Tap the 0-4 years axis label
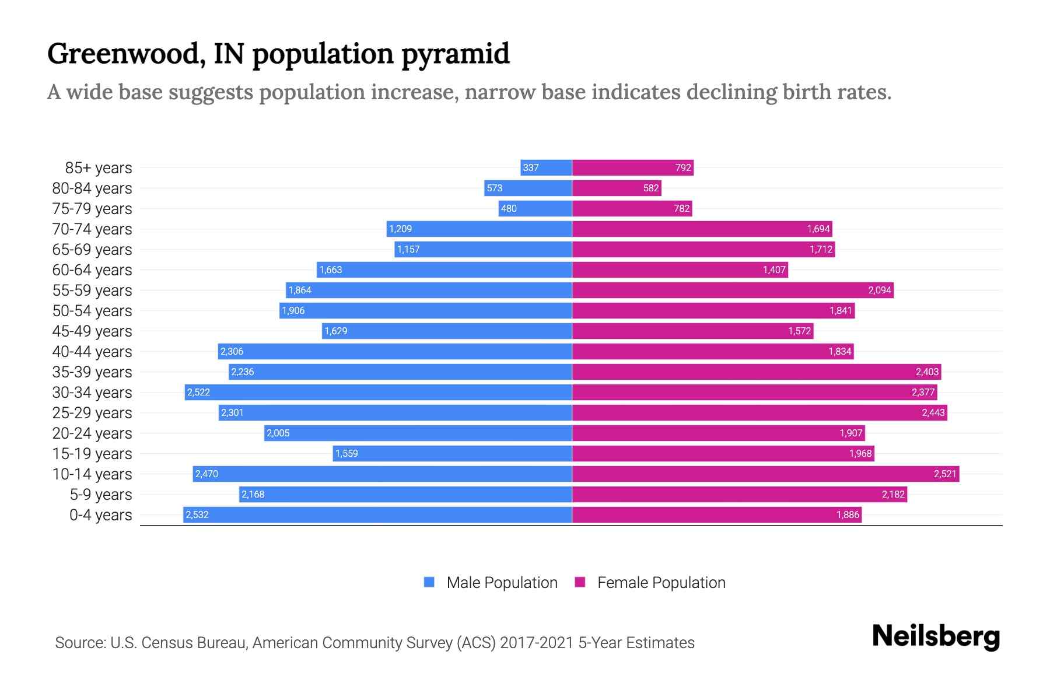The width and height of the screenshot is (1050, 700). tap(100, 515)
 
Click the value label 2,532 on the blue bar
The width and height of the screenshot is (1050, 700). tap(197, 515)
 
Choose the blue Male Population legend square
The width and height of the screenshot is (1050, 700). tap(429, 582)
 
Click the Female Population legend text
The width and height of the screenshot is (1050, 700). tap(661, 583)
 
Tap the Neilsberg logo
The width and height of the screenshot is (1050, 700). tap(936, 636)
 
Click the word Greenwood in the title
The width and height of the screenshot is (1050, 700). tap(125, 54)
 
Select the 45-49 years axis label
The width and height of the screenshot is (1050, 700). tap(92, 331)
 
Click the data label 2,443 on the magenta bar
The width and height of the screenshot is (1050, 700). tap(933, 413)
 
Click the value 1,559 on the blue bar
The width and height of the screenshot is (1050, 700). tap(346, 454)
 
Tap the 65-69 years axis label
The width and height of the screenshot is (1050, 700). tap(92, 250)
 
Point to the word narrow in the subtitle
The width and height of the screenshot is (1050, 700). tap(501, 92)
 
